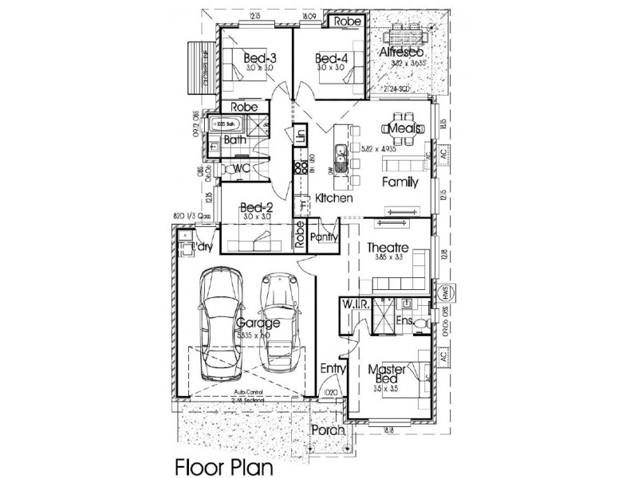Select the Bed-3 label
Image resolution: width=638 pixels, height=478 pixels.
(260, 58)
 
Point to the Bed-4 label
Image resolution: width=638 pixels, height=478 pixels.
(331, 58)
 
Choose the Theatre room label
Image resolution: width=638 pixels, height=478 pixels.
(388, 248)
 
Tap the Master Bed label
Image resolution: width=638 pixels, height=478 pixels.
(387, 375)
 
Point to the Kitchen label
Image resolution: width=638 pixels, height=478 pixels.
(333, 198)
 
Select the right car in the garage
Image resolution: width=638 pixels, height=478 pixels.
(280, 323)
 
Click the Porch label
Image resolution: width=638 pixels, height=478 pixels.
(327, 429)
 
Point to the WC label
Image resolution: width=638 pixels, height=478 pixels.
(242, 168)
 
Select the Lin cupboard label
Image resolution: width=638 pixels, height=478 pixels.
(301, 135)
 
